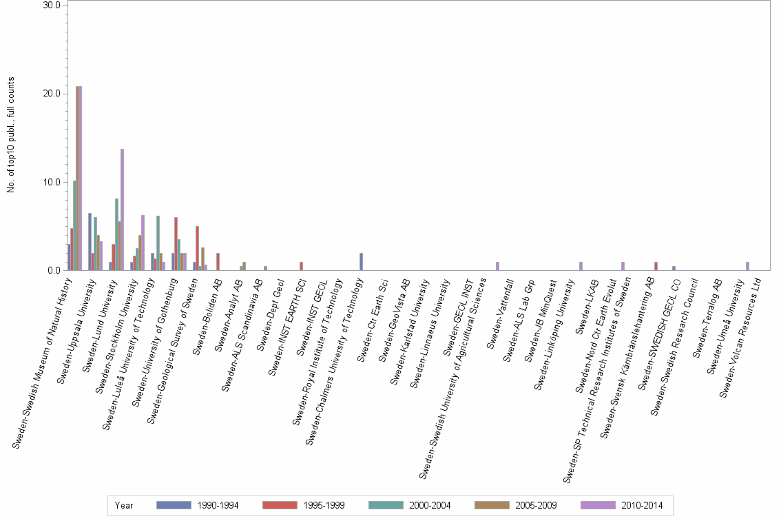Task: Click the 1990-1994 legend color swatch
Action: click(x=174, y=505)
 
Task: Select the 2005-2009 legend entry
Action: click(x=513, y=505)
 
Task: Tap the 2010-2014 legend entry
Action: click(x=619, y=505)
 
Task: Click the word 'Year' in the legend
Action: click(x=125, y=505)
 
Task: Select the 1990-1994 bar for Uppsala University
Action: click(x=90, y=242)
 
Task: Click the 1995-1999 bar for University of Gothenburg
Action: click(x=176, y=244)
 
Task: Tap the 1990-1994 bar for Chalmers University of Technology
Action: click(x=361, y=262)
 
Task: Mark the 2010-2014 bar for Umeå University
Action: click(x=747, y=266)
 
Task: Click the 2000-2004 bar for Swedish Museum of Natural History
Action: click(x=74, y=225)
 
